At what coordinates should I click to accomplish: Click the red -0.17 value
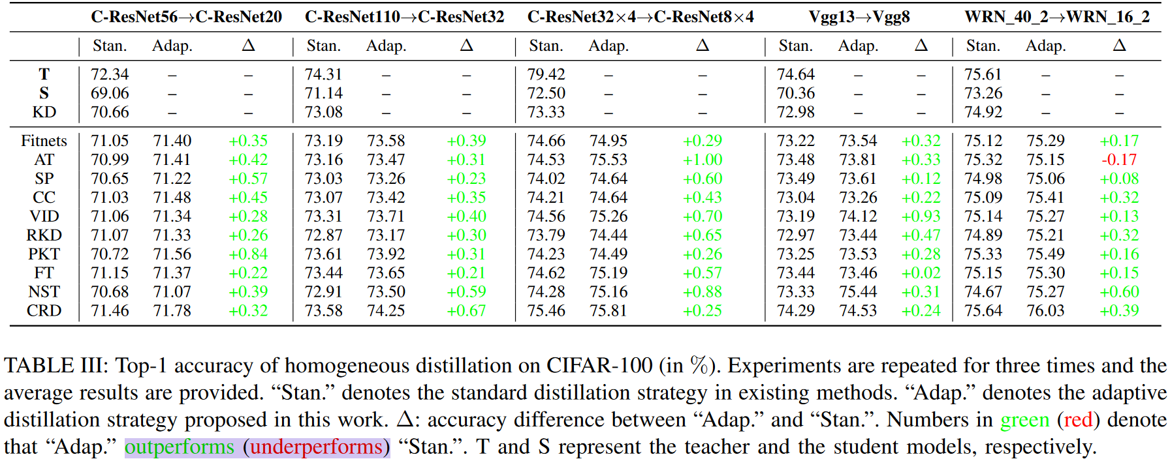coord(1119,160)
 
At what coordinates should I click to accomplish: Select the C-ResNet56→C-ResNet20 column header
coord(186,17)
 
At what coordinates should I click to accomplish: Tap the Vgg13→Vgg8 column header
coord(859,17)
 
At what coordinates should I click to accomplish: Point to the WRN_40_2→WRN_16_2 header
coord(1057,17)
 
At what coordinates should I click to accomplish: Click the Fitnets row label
coord(44,141)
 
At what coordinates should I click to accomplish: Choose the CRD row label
coord(44,311)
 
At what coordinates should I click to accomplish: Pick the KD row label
coord(44,112)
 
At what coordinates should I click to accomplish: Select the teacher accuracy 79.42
coord(546,74)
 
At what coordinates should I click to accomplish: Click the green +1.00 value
coord(703,160)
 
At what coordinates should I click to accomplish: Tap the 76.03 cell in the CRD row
coord(1045,311)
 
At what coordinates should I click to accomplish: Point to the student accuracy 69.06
coord(110,93)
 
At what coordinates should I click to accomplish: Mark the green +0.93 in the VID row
coord(921,216)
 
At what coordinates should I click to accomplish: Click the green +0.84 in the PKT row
coord(248,254)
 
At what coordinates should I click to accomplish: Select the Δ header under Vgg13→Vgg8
coord(921,46)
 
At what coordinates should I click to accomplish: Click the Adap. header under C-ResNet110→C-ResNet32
coord(386,46)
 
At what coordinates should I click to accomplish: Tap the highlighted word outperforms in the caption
coord(180,447)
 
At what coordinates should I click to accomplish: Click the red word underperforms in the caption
coord(316,447)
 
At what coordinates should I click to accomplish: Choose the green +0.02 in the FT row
coord(921,273)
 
